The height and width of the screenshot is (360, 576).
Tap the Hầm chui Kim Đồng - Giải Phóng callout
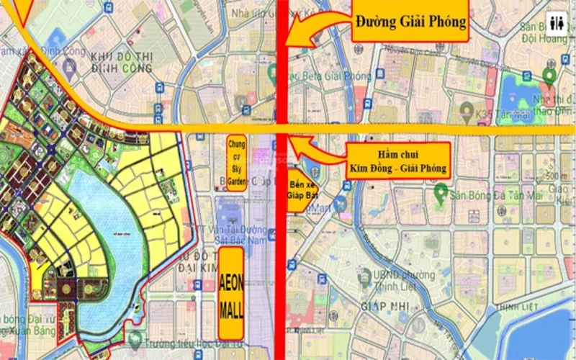pyautogui.click(x=397, y=161)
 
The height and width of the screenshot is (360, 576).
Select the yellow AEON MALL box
pyautogui.click(x=230, y=294)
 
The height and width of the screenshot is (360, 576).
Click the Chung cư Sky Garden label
pyautogui.click(x=236, y=163)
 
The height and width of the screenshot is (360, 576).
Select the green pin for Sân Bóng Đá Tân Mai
pyautogui.click(x=438, y=192)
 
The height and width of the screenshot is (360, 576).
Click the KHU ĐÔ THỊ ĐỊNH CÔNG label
pyautogui.click(x=122, y=63)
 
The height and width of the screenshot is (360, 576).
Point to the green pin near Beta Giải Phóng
pyautogui.click(x=274, y=71)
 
